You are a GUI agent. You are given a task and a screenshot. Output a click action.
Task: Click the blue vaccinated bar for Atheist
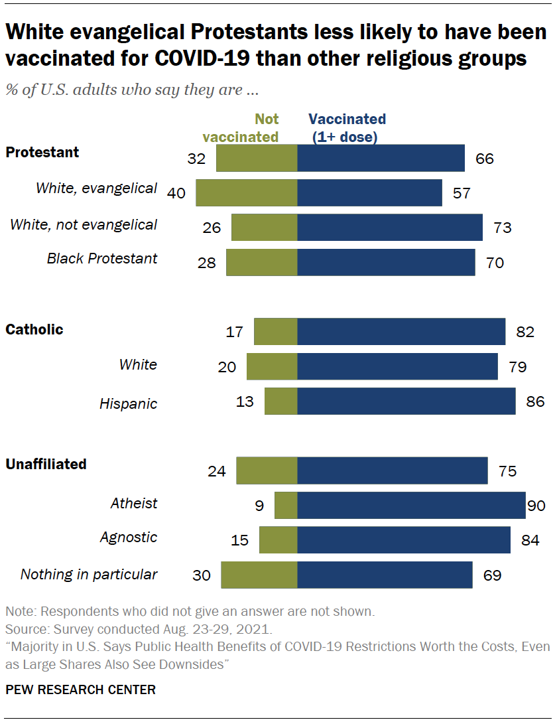[411, 506]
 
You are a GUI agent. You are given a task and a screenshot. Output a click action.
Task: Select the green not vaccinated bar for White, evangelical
[246, 192]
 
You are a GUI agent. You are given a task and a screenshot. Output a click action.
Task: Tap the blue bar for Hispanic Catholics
[406, 401]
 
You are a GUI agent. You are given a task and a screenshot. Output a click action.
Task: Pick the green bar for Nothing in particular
[259, 575]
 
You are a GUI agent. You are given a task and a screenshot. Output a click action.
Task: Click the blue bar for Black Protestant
[386, 262]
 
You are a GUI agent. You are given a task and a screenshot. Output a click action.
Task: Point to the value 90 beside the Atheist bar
[536, 506]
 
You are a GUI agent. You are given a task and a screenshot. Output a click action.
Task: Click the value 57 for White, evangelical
[462, 193]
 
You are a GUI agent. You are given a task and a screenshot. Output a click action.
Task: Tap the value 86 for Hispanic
[535, 401]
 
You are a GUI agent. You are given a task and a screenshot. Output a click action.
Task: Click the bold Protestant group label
[42, 153]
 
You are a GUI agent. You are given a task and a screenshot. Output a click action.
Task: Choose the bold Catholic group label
[34, 330]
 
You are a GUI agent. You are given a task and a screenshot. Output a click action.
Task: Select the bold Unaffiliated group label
[46, 465]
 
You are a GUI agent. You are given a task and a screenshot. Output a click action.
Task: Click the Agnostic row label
[129, 538]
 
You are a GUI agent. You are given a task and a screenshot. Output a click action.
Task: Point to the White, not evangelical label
[84, 225]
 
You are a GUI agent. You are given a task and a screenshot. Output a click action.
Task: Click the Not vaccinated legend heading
[241, 128]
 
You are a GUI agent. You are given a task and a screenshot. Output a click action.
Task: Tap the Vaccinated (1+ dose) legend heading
[346, 128]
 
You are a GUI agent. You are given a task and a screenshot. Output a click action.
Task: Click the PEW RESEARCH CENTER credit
[80, 690]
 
